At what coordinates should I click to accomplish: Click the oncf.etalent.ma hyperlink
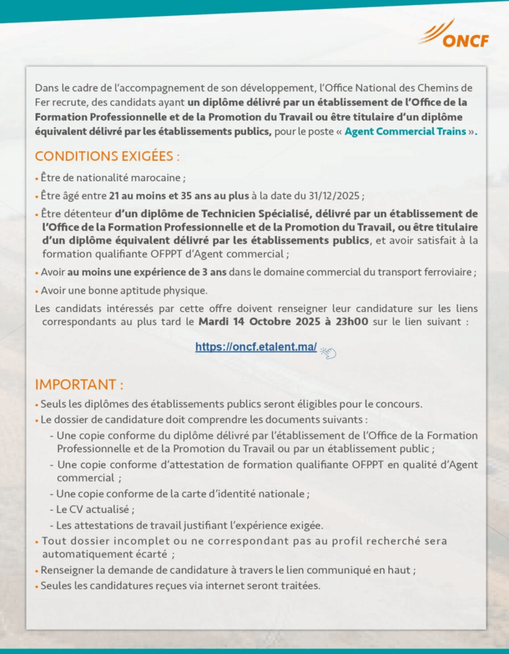point(256,347)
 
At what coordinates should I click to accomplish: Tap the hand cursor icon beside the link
point(328,351)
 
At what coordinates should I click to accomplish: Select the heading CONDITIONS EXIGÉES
point(107,156)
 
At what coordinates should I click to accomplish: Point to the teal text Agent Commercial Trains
point(405,132)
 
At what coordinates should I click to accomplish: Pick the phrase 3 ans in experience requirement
point(211,271)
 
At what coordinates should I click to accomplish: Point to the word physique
point(188,291)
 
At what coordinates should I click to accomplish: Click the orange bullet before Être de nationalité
point(36,178)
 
